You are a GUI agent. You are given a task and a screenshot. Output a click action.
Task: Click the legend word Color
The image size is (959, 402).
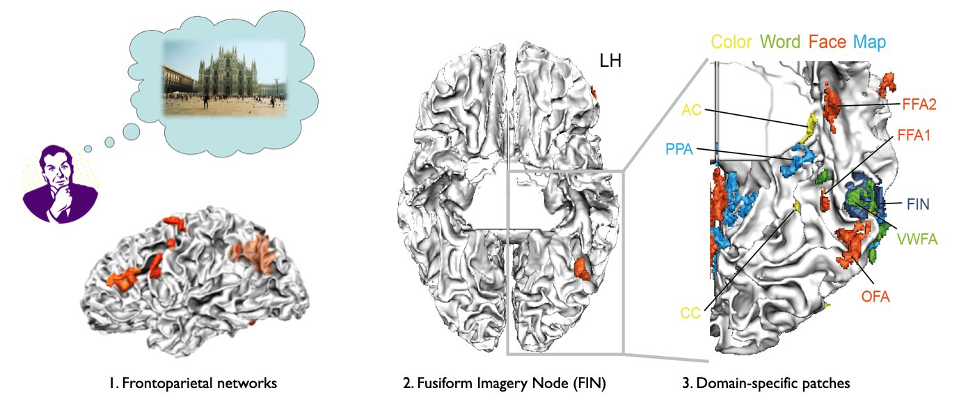731,42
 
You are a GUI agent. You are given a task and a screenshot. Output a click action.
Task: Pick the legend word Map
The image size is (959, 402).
869,42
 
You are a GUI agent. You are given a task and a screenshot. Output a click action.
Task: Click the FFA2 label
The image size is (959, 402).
919,105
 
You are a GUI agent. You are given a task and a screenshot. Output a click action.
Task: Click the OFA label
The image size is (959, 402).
875,297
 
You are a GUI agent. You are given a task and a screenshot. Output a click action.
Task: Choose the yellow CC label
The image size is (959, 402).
690,314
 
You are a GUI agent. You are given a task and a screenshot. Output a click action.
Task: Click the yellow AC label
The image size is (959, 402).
692,109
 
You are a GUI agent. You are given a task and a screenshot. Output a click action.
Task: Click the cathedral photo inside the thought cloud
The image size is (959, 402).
224,77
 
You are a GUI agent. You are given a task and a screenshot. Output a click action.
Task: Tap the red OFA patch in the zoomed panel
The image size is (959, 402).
852,246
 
